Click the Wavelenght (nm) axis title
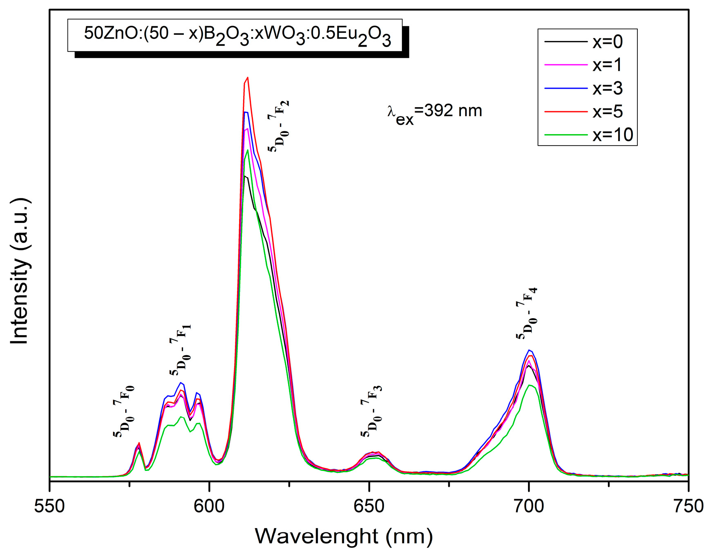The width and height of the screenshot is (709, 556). pos(343,536)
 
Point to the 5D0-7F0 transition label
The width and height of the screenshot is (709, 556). pos(124,412)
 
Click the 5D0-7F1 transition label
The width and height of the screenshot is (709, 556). pos(181,350)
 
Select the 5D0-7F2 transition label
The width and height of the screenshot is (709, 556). pos(279,126)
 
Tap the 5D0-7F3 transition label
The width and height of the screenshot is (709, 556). pos(371,411)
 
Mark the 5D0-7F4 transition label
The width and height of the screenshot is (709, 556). pos(527,314)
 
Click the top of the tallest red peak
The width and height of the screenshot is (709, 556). pos(247,77)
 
